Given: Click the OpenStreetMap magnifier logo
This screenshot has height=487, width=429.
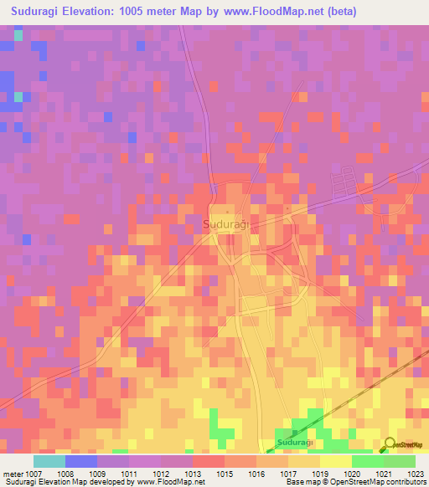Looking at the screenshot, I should tap(390, 443).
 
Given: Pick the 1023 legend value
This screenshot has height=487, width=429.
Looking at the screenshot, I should tap(416, 473).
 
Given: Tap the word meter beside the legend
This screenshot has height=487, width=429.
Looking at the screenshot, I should tap(13, 473).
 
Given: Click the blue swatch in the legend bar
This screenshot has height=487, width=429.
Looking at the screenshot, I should tap(81, 460).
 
